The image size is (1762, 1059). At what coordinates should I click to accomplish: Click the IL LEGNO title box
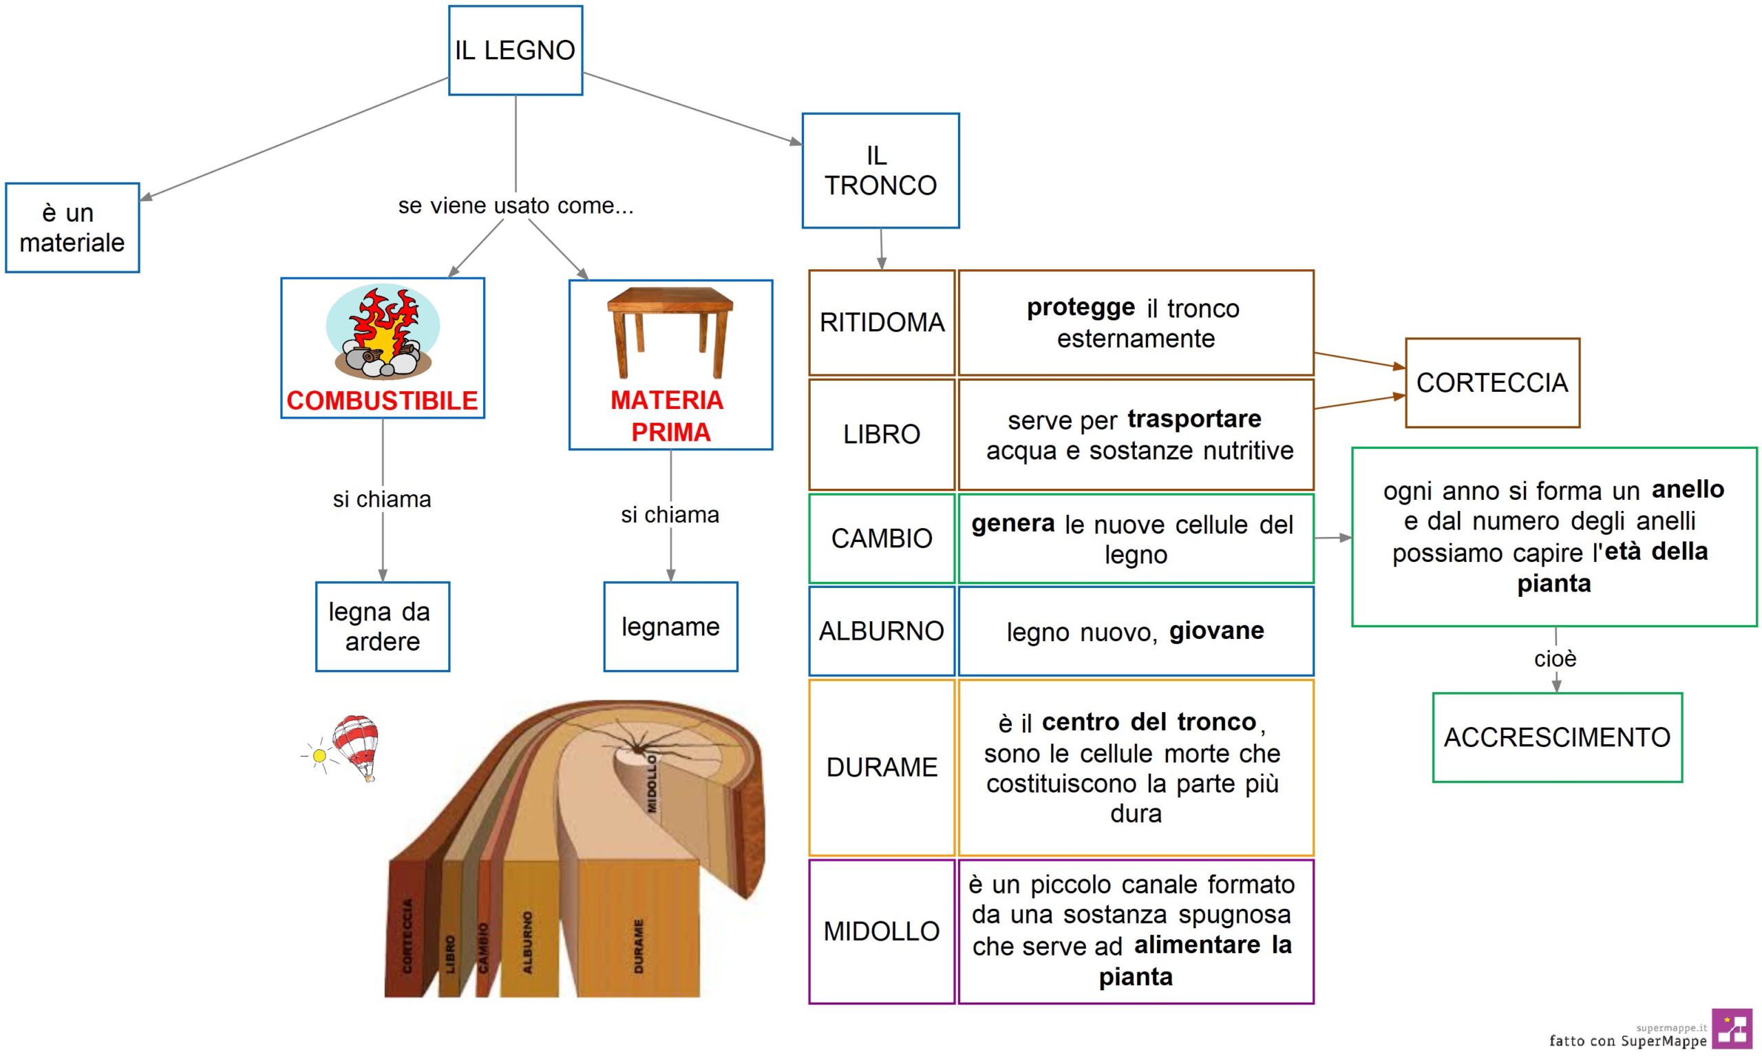coord(515,50)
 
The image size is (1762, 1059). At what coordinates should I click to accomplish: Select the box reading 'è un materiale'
coord(72,228)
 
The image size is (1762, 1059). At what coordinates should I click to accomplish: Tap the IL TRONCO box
coord(880,171)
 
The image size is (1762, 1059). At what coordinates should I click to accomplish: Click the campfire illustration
coord(383,332)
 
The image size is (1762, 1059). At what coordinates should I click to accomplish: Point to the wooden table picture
coord(670,333)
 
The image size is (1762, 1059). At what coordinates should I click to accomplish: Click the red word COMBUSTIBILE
coord(383,400)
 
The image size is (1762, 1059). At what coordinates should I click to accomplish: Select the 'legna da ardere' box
coord(383,627)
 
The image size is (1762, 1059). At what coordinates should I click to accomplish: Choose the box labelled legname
coord(670,627)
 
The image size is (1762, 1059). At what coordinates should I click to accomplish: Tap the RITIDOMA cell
coord(882,322)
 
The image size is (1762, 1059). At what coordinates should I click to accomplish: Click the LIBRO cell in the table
coord(882,434)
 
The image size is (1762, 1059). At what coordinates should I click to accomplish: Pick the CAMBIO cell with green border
coord(882,538)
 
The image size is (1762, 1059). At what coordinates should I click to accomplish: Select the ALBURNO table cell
coord(882,631)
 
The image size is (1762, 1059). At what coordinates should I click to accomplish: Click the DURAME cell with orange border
coord(882,767)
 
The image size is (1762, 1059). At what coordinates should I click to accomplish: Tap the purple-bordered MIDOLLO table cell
coord(882,931)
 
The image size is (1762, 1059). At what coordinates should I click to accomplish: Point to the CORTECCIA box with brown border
coord(1492,383)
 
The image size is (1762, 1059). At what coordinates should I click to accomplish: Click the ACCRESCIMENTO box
coord(1558,737)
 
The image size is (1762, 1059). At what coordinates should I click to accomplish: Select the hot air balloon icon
coord(355,748)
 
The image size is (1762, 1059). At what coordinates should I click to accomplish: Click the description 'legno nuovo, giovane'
coord(1136,631)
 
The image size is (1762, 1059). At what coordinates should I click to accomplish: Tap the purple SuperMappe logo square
coord(1732,1028)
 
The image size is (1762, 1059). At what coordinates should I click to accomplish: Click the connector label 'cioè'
coord(1555,658)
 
